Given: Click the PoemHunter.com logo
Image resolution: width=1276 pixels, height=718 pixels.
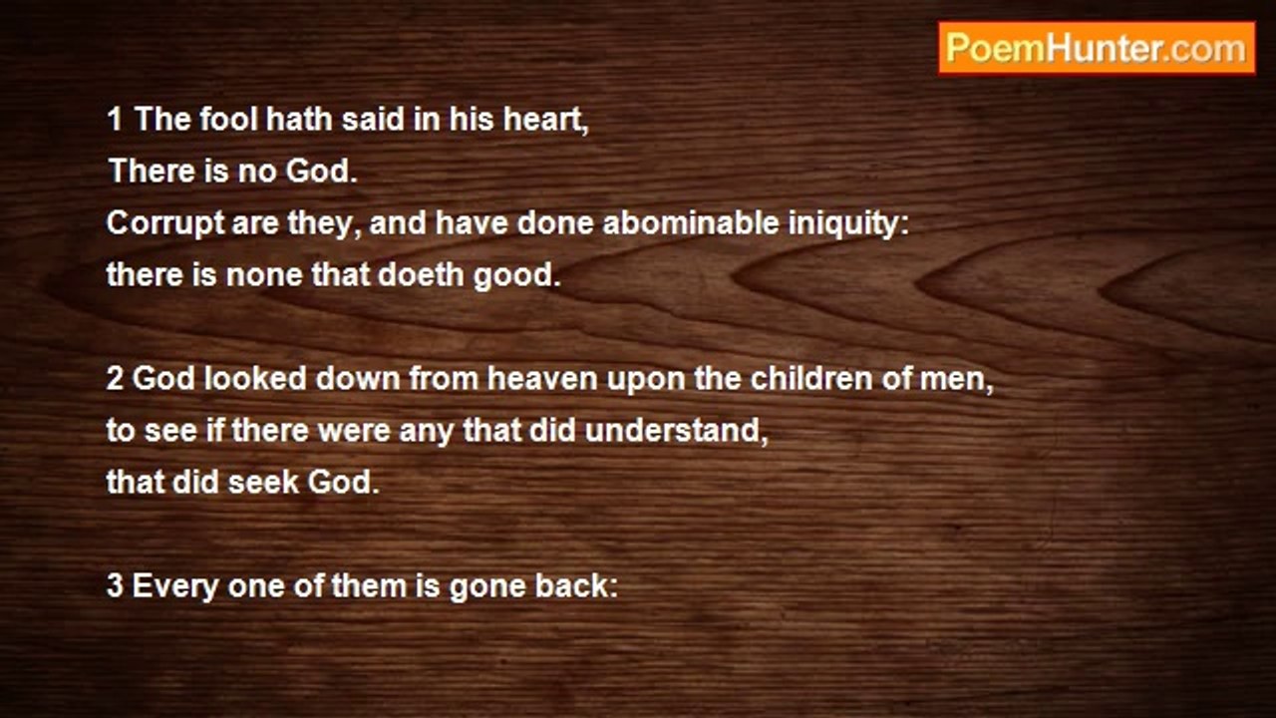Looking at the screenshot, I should click(1097, 48).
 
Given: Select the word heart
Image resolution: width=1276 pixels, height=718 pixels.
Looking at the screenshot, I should click(551, 120).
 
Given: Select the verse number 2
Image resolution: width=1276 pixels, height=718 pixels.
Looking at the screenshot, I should click(115, 380).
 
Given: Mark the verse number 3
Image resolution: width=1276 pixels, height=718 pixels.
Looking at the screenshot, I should click(115, 586).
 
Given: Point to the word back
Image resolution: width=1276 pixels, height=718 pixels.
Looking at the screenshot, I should click(575, 586).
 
